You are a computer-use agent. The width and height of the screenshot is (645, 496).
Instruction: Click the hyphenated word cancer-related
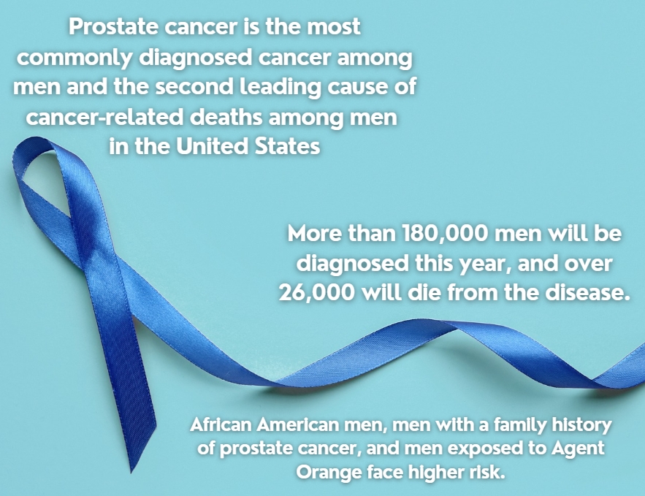point(104,118)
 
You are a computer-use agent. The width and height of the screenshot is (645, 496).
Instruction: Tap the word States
point(287,146)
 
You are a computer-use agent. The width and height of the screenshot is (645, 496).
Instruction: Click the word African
point(221,424)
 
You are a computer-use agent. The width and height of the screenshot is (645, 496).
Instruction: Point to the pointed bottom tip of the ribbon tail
point(131,472)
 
